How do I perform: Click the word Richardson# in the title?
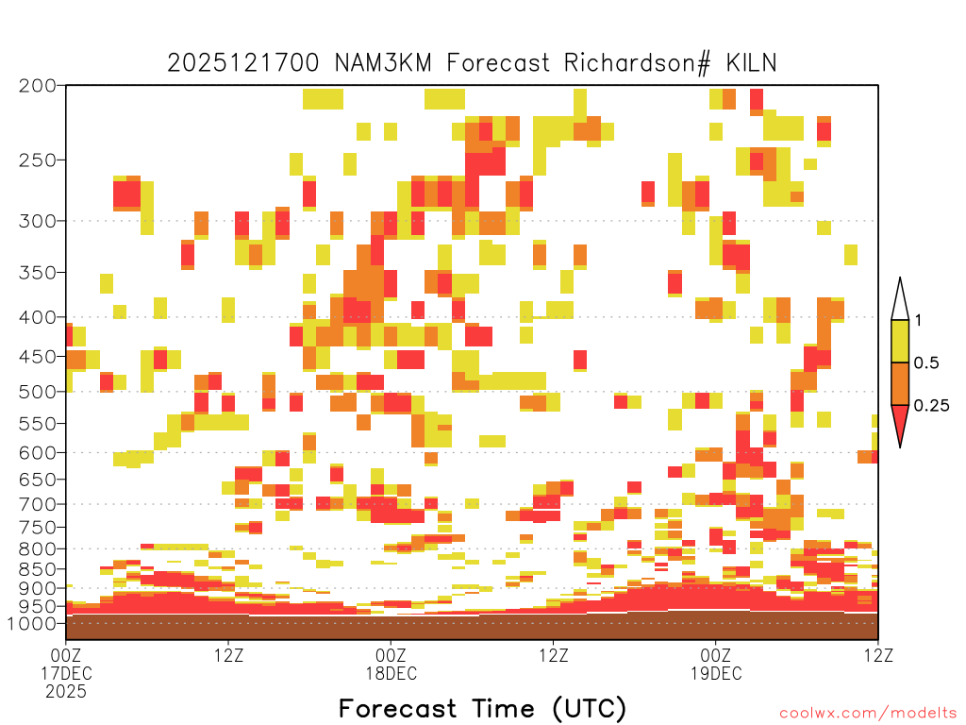click(x=637, y=63)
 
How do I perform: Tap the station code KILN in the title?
click(x=751, y=63)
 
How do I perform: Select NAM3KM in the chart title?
click(x=383, y=63)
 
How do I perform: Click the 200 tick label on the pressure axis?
click(x=38, y=85)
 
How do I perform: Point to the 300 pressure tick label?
click(x=38, y=220)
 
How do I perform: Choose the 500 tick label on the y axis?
click(x=38, y=392)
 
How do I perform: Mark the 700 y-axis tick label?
click(x=38, y=504)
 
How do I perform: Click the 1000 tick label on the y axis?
click(x=32, y=623)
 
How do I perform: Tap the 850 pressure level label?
click(x=38, y=569)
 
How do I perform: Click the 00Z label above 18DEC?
click(x=391, y=655)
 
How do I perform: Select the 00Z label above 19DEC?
click(x=716, y=655)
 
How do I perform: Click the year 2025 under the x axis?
click(x=66, y=692)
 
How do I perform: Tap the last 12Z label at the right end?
click(x=878, y=655)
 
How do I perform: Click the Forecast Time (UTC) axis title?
click(x=482, y=708)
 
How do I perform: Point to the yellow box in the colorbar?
click(x=900, y=341)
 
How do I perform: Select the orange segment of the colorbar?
click(x=900, y=383)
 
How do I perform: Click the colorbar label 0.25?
click(x=931, y=406)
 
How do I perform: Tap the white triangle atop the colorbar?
click(x=900, y=301)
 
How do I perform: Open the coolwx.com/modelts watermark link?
click(x=869, y=714)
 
